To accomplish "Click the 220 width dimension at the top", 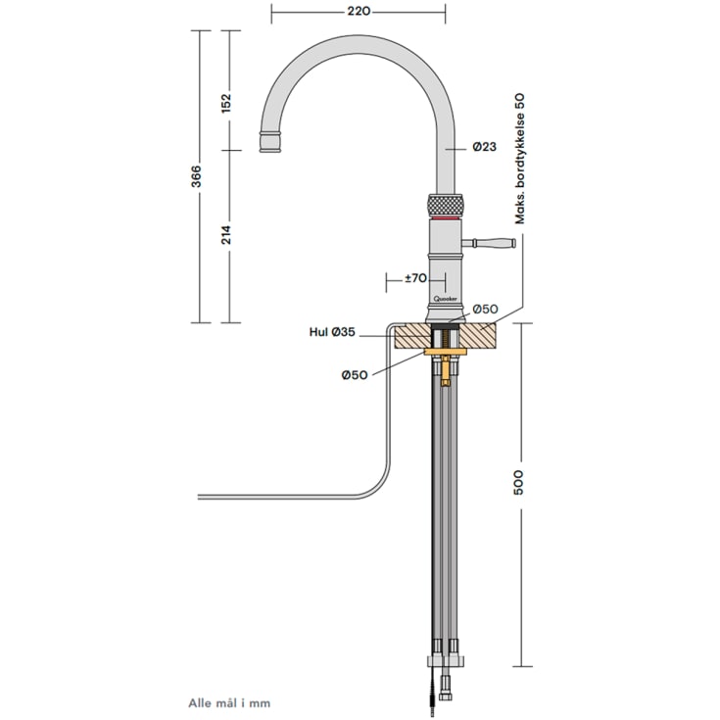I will [359, 12].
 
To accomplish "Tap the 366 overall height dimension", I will [197, 176].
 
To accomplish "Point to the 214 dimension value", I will [227, 235].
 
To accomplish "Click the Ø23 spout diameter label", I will [484, 147].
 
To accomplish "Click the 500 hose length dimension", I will [519, 482].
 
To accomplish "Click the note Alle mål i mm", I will [228, 702].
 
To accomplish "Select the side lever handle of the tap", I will [492, 242].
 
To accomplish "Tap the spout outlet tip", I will [270, 144].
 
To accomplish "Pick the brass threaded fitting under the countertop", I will [446, 369].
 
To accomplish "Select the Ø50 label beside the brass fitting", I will [355, 375].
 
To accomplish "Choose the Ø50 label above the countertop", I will [486, 310].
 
